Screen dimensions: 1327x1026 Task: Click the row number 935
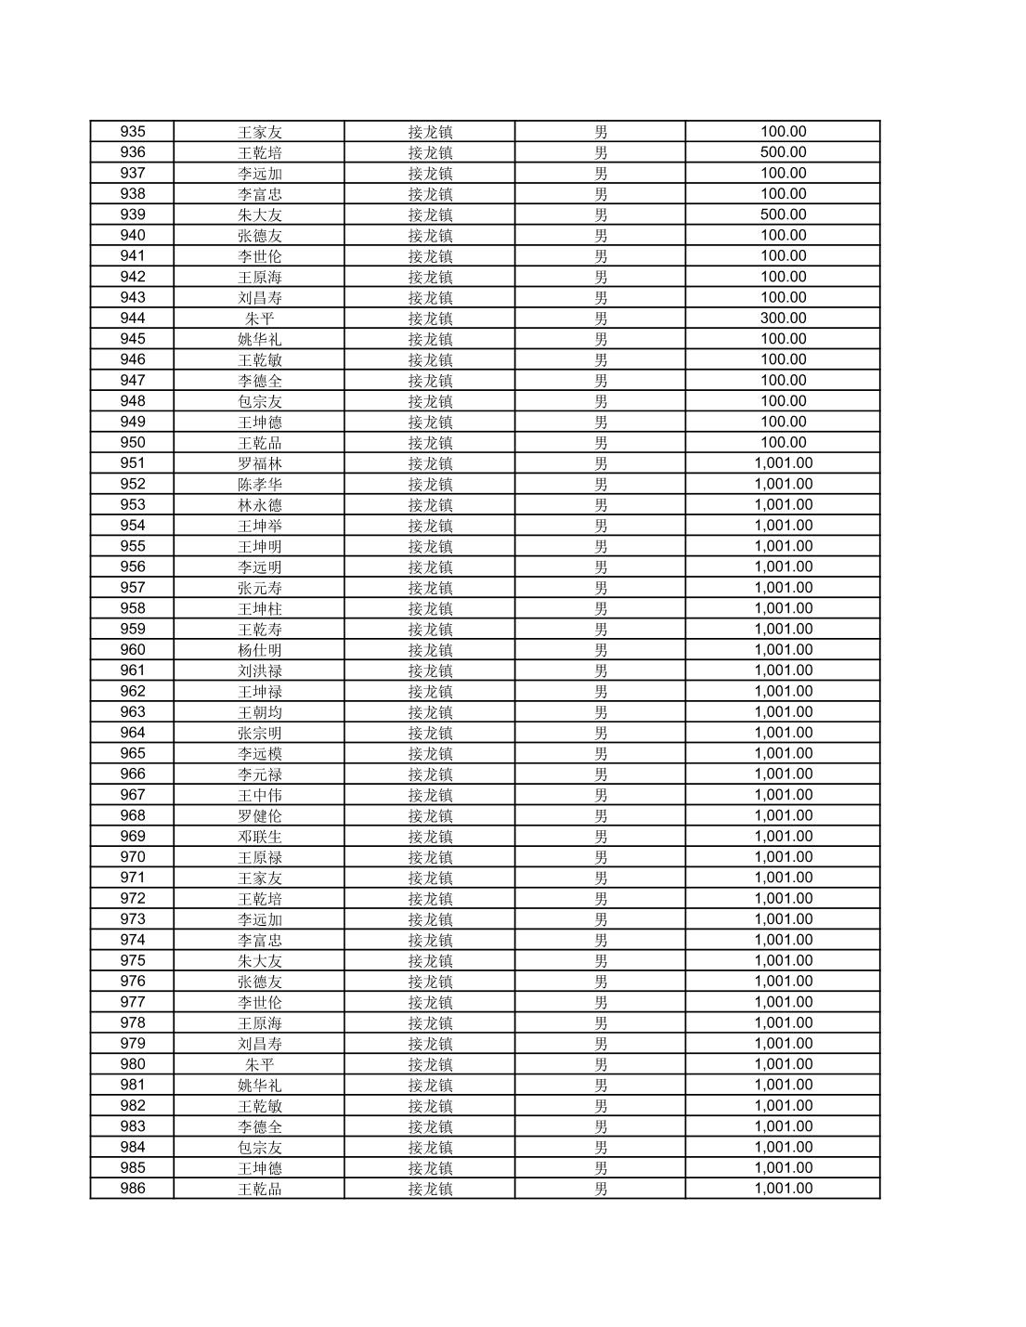(133, 132)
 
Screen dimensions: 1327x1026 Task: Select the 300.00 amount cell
(783, 319)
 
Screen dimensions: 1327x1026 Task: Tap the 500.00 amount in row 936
(783, 152)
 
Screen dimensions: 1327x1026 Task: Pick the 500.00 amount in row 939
(783, 215)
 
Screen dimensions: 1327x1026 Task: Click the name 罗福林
(259, 463)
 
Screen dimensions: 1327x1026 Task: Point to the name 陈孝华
(259, 485)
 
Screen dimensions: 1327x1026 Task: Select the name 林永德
(259, 505)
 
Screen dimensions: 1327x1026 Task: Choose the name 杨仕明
(259, 650)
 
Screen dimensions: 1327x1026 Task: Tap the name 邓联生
(259, 837)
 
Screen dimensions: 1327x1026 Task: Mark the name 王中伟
(259, 795)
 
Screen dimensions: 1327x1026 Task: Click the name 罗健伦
(259, 816)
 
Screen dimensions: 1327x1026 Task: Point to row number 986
(133, 1189)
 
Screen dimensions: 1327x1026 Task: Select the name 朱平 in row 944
(259, 319)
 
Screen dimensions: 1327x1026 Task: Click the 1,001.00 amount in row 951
(783, 463)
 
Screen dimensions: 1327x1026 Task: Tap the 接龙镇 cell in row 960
(430, 650)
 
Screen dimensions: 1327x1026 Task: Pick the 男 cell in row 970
(601, 857)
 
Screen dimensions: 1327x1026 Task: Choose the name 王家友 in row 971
(259, 878)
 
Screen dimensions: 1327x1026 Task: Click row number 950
(133, 443)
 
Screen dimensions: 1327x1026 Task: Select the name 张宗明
(259, 733)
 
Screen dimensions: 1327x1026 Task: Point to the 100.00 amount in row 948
(783, 401)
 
